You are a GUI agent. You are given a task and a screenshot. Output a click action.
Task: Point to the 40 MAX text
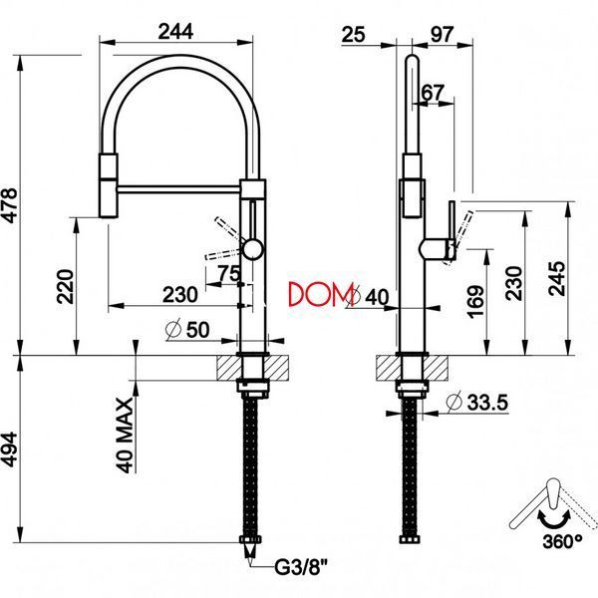[x=126, y=436]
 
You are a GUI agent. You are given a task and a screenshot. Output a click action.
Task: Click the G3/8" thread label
[x=301, y=568]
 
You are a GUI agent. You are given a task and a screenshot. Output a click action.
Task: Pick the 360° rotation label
[x=562, y=541]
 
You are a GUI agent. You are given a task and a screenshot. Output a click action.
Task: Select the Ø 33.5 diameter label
[x=477, y=402]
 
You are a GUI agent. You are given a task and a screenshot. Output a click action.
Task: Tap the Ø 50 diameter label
[x=188, y=330]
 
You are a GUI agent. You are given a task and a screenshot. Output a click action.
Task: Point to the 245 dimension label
[x=556, y=278]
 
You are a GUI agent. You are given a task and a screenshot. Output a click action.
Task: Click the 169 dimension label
[x=475, y=301]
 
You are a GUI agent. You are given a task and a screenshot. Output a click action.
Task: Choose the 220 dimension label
[x=65, y=286]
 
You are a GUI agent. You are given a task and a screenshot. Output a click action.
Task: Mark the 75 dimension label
[x=229, y=273]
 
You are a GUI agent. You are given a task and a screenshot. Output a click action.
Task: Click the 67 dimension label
[x=434, y=92]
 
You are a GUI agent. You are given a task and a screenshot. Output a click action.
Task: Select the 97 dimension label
[x=443, y=34]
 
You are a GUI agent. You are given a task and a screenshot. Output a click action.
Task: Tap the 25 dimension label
[x=354, y=34]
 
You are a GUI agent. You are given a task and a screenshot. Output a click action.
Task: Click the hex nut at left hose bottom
[x=250, y=539]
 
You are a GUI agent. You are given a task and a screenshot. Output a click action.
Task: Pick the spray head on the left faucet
[x=109, y=185]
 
